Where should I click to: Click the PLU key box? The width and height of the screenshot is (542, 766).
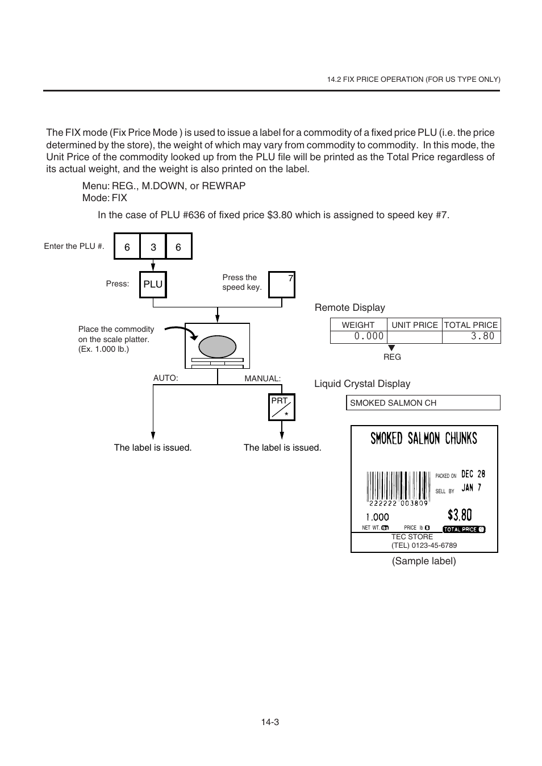153,284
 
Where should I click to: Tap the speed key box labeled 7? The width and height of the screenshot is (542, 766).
282,285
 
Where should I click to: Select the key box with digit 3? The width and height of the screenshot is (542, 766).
153,247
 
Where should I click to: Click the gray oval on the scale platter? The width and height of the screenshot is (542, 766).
217,346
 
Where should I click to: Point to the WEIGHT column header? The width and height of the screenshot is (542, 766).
358,325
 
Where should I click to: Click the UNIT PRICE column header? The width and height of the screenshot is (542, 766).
415,325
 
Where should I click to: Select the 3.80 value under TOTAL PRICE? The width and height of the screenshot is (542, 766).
482,336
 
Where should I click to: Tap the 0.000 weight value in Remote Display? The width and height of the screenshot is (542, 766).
369,336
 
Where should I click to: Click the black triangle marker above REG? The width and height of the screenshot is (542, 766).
391,348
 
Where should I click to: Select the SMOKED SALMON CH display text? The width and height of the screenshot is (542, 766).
393,403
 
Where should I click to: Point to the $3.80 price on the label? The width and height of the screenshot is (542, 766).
459,515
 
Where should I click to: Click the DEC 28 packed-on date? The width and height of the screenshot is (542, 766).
473,474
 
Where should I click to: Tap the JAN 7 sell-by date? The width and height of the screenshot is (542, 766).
471,488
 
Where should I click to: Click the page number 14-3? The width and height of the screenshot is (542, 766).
270,722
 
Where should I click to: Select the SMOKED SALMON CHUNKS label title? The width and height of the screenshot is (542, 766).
424,438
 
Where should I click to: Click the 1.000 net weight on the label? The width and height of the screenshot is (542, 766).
377,517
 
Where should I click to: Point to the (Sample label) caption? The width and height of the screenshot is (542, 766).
424,561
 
